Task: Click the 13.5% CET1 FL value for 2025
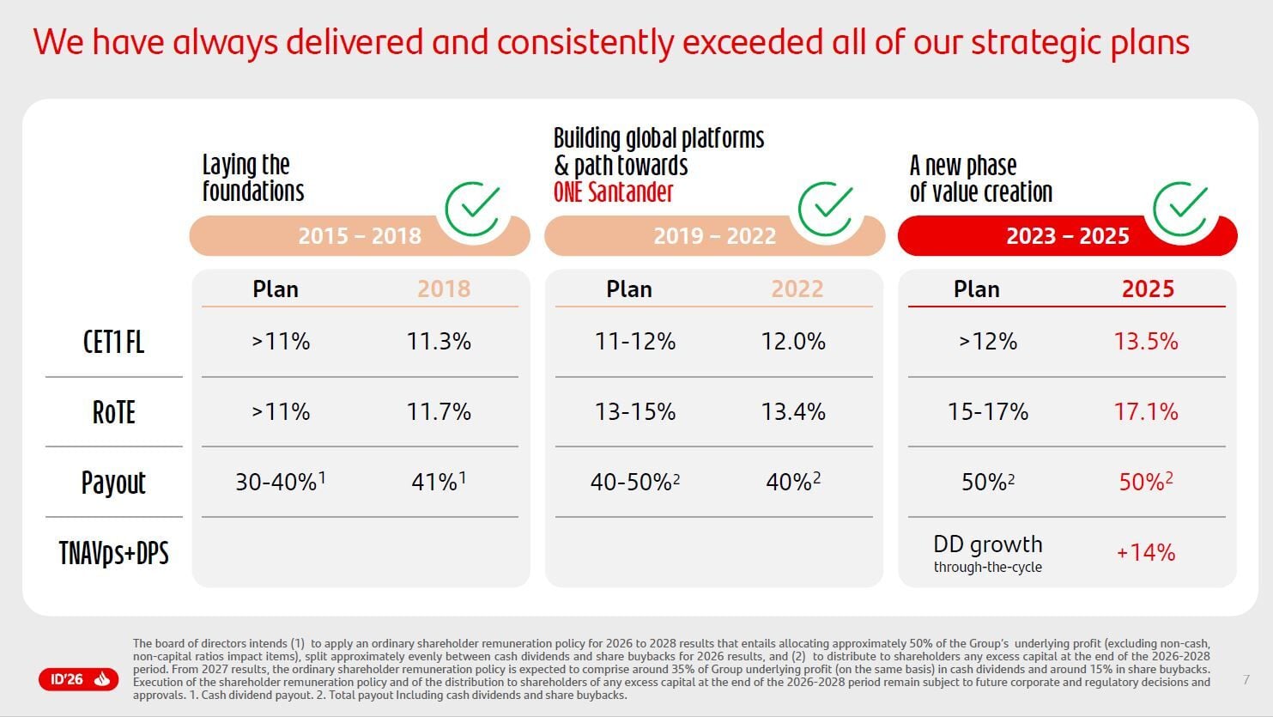(x=1145, y=342)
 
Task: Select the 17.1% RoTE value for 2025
(x=1145, y=412)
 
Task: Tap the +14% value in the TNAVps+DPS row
(x=1145, y=552)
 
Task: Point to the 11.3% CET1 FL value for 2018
(x=439, y=342)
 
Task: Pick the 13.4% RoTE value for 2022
(x=793, y=412)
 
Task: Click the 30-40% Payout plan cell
(x=280, y=482)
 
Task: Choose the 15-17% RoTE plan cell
(x=987, y=412)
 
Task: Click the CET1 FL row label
(x=113, y=343)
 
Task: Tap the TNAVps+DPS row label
(x=113, y=553)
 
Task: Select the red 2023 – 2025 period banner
(x=1067, y=236)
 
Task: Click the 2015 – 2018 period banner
(x=360, y=236)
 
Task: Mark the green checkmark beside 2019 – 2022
(x=826, y=208)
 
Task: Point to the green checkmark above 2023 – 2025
(x=1180, y=208)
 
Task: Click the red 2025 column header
(x=1148, y=289)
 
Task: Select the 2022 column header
(x=797, y=289)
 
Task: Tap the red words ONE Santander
(x=613, y=191)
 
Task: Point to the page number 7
(x=1246, y=680)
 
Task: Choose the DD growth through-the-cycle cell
(x=987, y=553)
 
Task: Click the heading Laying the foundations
(x=253, y=178)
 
